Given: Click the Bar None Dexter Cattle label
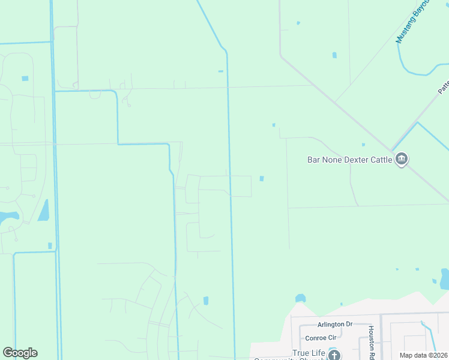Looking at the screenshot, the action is tap(349, 160).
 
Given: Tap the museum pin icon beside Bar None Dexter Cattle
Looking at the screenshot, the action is tap(402, 159).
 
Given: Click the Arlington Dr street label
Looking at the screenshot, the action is tap(336, 324).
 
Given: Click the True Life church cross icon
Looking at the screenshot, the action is tap(334, 355).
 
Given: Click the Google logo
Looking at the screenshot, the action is tap(20, 353).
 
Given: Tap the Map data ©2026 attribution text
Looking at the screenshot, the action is tap(423, 355).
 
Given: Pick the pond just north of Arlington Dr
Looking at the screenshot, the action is tap(300, 298).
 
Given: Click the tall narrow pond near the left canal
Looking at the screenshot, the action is tap(43, 210).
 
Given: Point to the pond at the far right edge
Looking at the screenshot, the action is tap(445, 280).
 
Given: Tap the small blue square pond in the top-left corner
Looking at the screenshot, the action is tap(25, 79).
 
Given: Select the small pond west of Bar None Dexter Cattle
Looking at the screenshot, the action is tap(262, 178).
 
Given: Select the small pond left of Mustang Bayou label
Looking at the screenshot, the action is tap(334, 55).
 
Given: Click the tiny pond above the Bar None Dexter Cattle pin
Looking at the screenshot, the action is tap(363, 144).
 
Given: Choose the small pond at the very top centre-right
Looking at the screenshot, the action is tap(298, 23).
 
